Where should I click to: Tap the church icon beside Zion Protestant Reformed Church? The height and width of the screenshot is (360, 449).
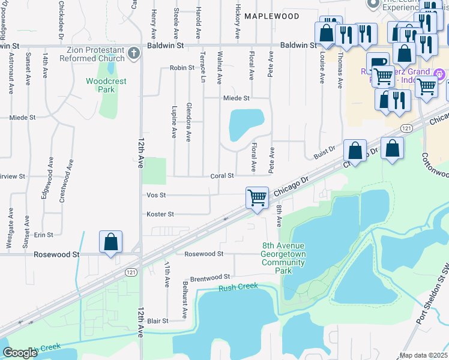click(x=133, y=54)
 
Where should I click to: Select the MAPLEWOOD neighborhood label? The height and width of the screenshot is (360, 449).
click(x=272, y=16)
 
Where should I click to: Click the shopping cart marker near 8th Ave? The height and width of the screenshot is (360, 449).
click(x=257, y=197)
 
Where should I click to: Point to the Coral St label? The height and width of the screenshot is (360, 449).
click(x=222, y=175)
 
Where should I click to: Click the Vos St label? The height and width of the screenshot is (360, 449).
click(x=156, y=195)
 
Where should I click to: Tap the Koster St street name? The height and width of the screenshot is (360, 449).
click(x=160, y=214)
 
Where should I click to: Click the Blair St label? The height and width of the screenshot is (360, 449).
click(x=158, y=321)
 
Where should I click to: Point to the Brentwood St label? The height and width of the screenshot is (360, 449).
click(x=210, y=277)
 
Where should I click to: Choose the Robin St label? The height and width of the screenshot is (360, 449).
click(x=182, y=68)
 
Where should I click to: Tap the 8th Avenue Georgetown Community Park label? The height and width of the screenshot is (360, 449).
click(x=283, y=258)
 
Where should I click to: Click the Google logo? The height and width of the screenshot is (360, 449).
click(x=20, y=353)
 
